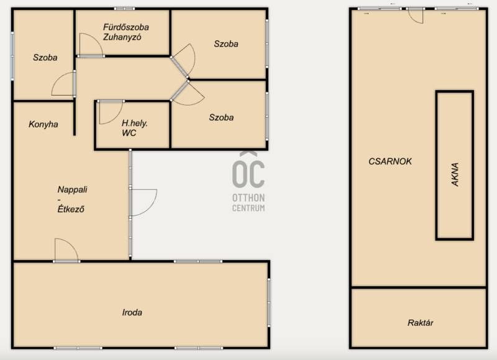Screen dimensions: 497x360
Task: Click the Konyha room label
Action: click(43, 124)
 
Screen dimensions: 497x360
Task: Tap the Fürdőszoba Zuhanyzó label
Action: click(126, 32)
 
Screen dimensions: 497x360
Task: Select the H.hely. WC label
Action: click(134, 128)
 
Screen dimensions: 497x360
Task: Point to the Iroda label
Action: click(132, 312)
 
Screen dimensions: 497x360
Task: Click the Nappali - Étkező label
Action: click(72, 199)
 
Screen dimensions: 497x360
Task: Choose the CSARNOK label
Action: click(390, 161)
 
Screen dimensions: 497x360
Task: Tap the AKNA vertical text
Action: click(455, 174)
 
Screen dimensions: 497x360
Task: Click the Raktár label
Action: click(421, 323)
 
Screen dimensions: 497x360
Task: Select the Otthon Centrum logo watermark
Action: click(248, 182)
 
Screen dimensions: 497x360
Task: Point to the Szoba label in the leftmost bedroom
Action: click(45, 58)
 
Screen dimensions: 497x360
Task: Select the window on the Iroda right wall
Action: click(269, 302)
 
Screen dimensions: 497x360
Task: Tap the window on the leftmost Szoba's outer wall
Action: click(12, 56)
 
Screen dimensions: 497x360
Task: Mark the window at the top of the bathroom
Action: click(125, 9)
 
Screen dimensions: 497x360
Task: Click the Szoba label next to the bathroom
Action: click(226, 43)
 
